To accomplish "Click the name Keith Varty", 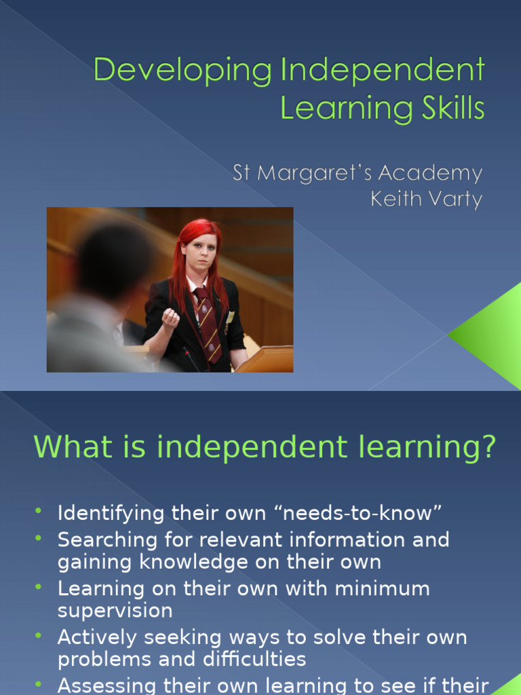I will coord(426,200).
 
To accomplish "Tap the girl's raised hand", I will coord(170,318).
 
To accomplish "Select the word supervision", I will coord(115,611).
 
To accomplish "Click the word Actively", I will coord(98,638).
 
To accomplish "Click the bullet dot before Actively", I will coord(39,635).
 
